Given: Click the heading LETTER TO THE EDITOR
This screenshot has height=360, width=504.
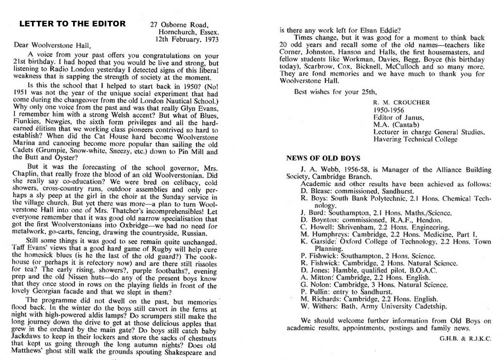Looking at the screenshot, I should pyautogui.click(x=72, y=24).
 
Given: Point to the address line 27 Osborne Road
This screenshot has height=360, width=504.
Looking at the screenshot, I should pyautogui.click(x=179, y=25).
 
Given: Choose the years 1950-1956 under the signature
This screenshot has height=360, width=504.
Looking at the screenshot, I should pyautogui.click(x=389, y=110).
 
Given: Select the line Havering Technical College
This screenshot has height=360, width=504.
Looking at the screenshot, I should pyautogui.click(x=415, y=139).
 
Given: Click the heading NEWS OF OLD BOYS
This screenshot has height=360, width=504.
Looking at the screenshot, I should pyautogui.click(x=323, y=158).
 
